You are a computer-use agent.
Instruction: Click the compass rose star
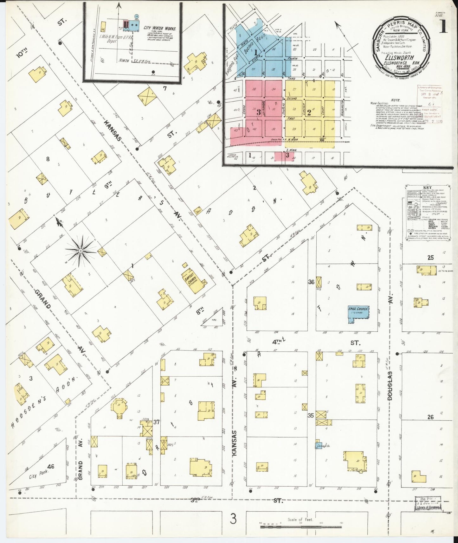tap(81, 251)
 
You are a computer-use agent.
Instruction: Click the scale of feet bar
tap(301, 527)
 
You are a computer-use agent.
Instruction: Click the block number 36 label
tap(311, 282)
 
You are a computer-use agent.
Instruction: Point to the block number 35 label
tap(311, 415)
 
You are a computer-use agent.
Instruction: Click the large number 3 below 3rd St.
tap(233, 519)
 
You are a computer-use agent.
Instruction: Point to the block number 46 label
tap(50, 466)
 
